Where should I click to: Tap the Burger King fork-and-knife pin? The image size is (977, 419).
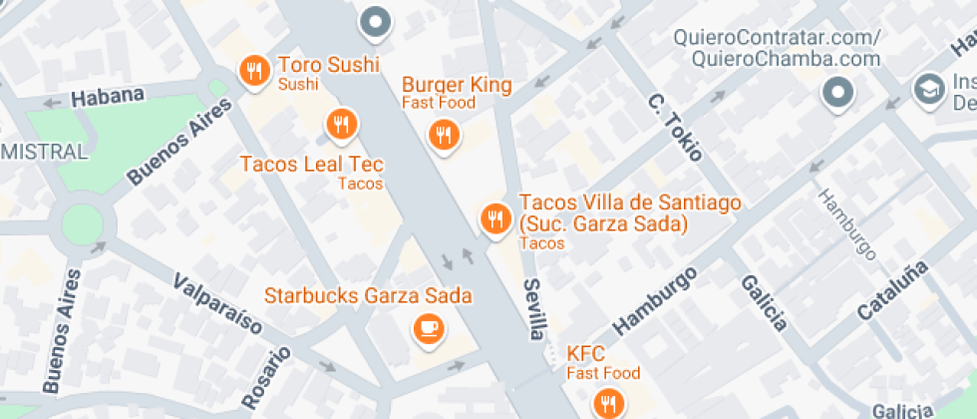click(443, 135)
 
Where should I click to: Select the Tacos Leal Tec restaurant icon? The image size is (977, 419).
click(343, 125)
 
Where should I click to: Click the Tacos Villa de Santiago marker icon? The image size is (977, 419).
click(494, 217)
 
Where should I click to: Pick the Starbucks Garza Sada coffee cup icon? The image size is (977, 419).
click(430, 328)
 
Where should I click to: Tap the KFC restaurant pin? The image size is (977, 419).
click(607, 403)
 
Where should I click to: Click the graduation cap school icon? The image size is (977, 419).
click(929, 88)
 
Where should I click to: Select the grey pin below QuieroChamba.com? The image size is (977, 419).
click(838, 95)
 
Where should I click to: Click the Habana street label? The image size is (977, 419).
click(108, 97)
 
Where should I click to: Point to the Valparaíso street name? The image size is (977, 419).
click(217, 303)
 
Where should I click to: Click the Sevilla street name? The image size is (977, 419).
click(535, 308)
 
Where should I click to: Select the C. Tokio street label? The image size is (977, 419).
click(676, 127)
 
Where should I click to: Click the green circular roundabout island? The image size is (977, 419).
click(83, 224)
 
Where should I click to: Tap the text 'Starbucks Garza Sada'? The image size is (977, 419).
click(367, 296)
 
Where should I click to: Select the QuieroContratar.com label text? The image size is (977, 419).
click(778, 38)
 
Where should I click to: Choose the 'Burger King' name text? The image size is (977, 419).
click(457, 85)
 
